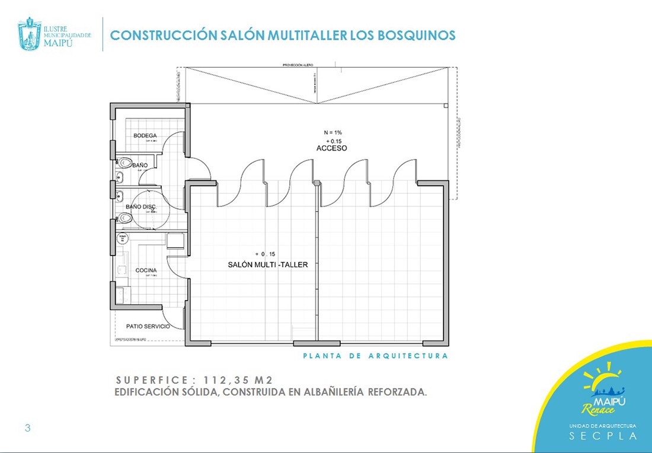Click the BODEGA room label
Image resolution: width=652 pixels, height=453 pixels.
pos(145,136)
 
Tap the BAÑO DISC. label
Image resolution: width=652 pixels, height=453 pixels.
pos(140,206)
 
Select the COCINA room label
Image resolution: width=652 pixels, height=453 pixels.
pos(146,270)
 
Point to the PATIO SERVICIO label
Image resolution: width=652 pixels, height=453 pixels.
pos(148,326)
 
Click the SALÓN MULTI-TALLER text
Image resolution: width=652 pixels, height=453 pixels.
pos(268,265)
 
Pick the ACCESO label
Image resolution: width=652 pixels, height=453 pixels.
pos(331,148)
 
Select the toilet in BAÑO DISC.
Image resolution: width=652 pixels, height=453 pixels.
pos(124,217)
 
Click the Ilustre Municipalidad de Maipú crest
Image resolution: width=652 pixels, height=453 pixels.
pos(30,34)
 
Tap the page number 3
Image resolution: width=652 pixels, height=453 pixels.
pos(27,428)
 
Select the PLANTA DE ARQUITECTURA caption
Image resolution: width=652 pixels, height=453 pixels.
pos(375,356)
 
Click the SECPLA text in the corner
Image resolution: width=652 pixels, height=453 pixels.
pos(603,436)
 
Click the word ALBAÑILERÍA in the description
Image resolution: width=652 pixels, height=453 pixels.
pos(330,393)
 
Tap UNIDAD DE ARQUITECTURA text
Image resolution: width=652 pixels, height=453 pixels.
pos(603,426)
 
